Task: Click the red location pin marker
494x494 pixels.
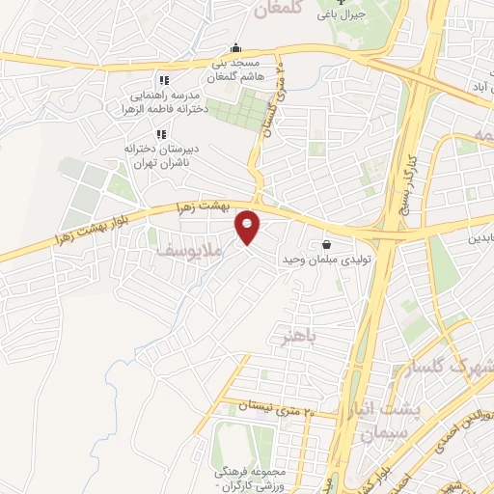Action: click(249, 228)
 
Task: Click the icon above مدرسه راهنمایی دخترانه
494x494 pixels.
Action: click(163, 80)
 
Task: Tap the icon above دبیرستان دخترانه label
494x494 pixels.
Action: click(163, 133)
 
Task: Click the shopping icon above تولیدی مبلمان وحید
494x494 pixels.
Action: click(327, 245)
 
